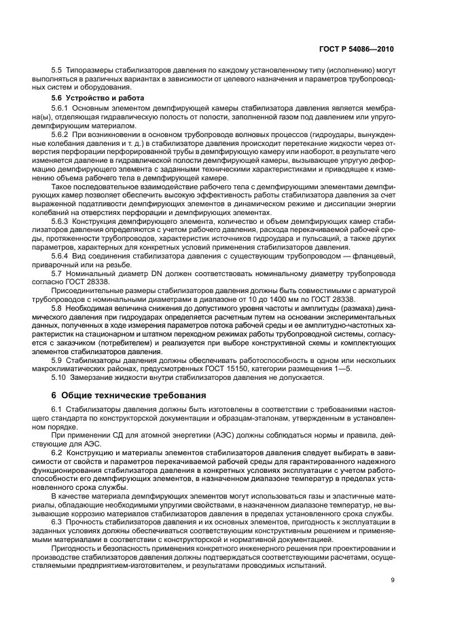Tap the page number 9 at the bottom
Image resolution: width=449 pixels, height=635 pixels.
point(393,579)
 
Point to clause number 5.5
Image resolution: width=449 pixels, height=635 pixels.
point(58,71)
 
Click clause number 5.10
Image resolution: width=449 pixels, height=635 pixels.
point(60,377)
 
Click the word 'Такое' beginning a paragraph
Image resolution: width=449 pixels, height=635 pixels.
point(62,187)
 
